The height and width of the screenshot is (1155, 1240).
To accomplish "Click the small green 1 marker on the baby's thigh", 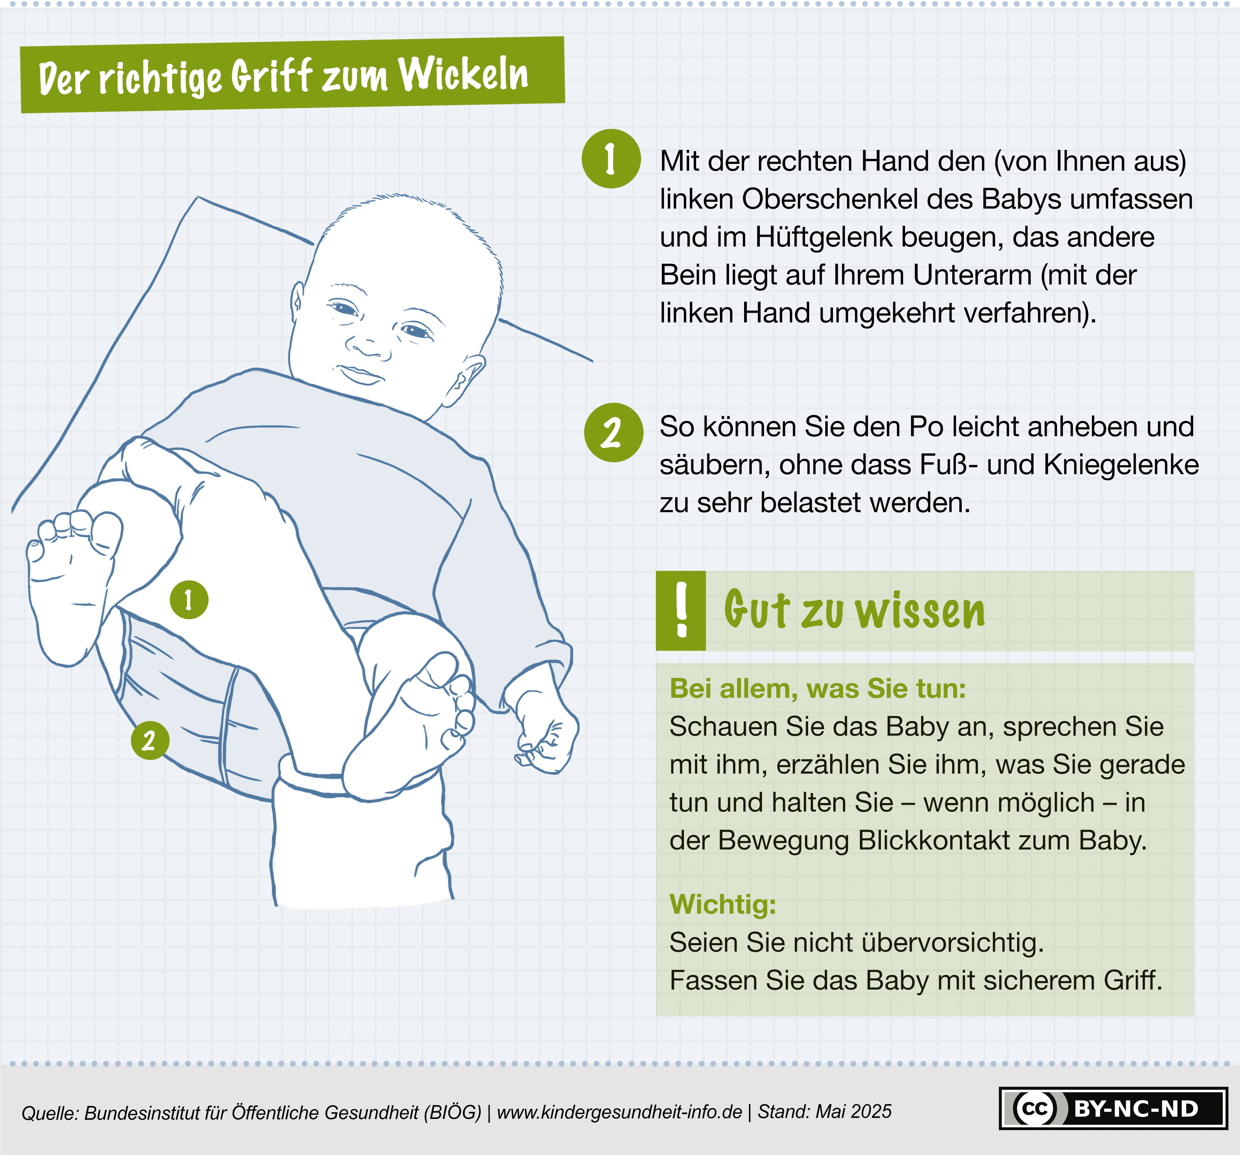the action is coord(189,600).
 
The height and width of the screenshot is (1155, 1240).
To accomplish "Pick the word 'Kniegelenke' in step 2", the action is coord(1121,465).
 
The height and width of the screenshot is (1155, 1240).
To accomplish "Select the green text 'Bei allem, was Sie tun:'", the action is coord(818,689).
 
